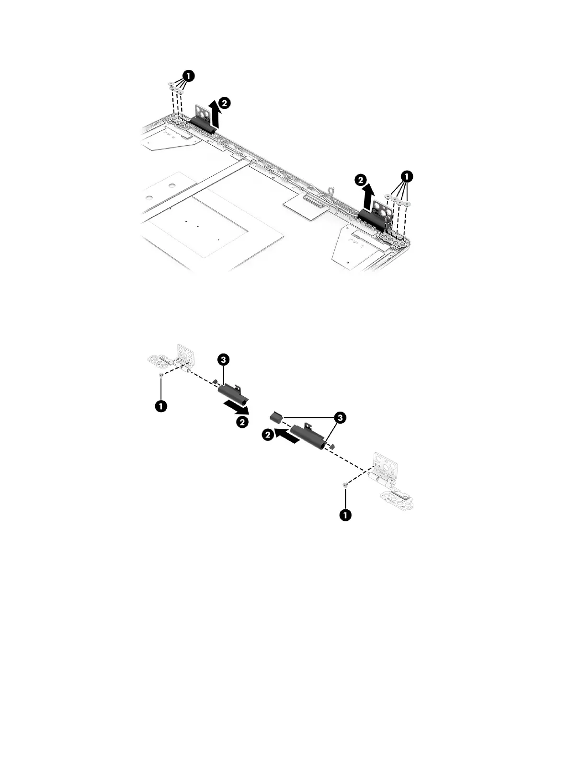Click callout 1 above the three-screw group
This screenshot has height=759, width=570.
(189, 75)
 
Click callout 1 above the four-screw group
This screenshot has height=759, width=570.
(406, 176)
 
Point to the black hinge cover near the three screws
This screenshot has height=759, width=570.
(203, 124)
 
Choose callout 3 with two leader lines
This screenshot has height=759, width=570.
(340, 418)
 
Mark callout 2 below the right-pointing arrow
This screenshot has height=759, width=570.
(242, 422)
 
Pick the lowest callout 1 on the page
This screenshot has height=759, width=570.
(344, 515)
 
